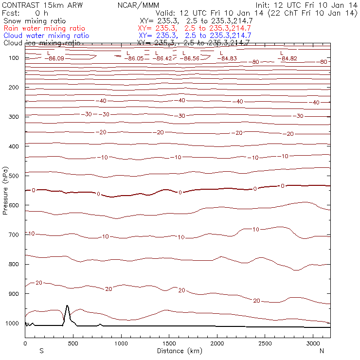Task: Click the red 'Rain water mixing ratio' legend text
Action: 44,29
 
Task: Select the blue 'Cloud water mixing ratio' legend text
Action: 46,36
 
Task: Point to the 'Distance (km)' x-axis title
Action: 178,351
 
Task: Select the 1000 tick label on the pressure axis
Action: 11,324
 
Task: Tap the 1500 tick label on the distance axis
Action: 169,343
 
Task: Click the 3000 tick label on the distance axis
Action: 313,343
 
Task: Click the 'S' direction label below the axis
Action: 41,351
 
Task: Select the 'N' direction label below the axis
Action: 322,351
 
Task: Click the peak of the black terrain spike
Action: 67,306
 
